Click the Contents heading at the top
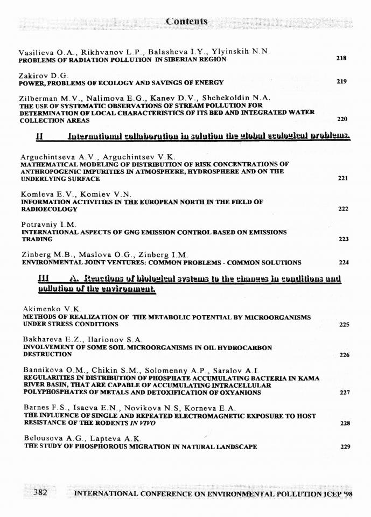click(x=186, y=22)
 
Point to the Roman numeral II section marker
click(x=39, y=137)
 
